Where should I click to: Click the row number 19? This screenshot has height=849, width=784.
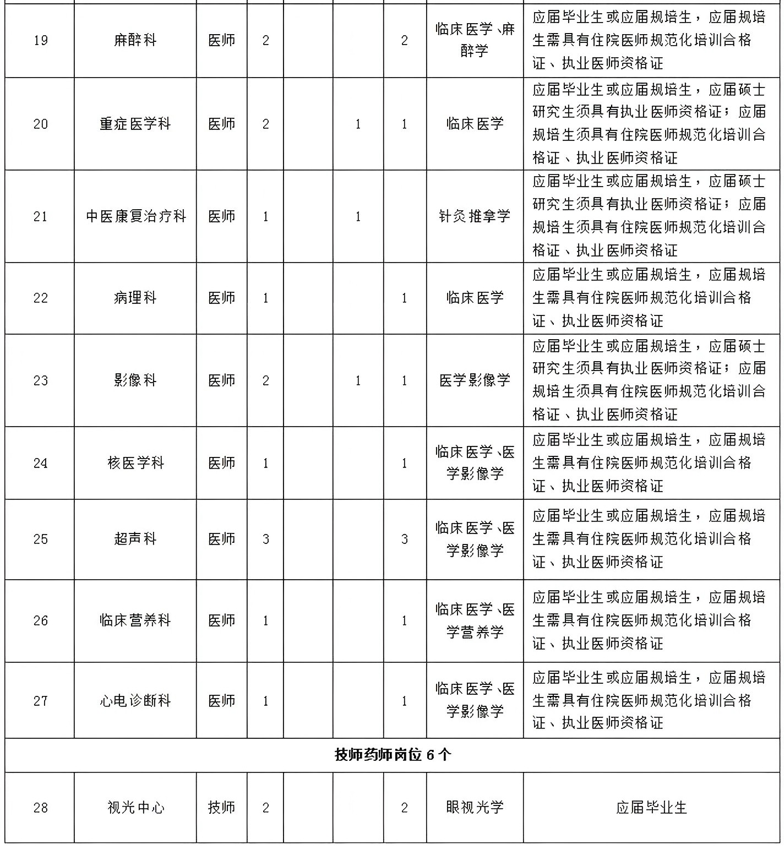40,41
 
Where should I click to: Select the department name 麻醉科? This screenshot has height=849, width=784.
135,41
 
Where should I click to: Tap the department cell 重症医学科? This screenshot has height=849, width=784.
135,124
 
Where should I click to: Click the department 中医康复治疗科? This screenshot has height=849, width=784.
135,216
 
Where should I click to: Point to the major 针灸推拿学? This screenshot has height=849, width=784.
475,216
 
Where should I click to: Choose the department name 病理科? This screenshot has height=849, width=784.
135,298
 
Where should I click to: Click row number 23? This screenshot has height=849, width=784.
40,380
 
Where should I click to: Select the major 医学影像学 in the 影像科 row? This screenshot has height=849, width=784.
475,380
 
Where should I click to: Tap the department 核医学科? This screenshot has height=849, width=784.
135,463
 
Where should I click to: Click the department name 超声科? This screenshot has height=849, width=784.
135,539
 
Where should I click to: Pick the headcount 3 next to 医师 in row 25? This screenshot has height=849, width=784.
265,539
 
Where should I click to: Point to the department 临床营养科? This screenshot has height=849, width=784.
135,621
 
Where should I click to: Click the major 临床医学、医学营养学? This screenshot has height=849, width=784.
475,621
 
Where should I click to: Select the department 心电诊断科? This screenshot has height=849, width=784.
135,701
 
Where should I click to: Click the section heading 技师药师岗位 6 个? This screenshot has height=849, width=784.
392,755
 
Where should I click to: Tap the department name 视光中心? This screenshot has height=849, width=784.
135,808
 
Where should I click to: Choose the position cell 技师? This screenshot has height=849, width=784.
221,808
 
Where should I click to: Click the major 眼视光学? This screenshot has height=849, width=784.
475,808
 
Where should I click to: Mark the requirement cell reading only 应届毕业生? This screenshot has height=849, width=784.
651,808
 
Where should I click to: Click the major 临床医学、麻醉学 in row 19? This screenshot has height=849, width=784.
475,41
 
